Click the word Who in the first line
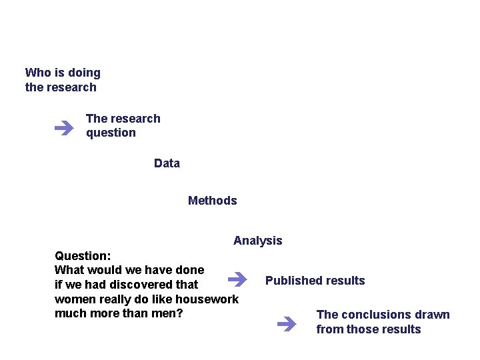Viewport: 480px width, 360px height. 37,73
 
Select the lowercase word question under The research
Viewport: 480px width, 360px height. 111,133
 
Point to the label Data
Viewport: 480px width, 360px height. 167,163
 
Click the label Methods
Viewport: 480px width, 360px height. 213,201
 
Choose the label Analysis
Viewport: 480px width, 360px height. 258,241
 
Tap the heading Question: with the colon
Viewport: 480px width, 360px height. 83,256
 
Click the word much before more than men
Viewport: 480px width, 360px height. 70,313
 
